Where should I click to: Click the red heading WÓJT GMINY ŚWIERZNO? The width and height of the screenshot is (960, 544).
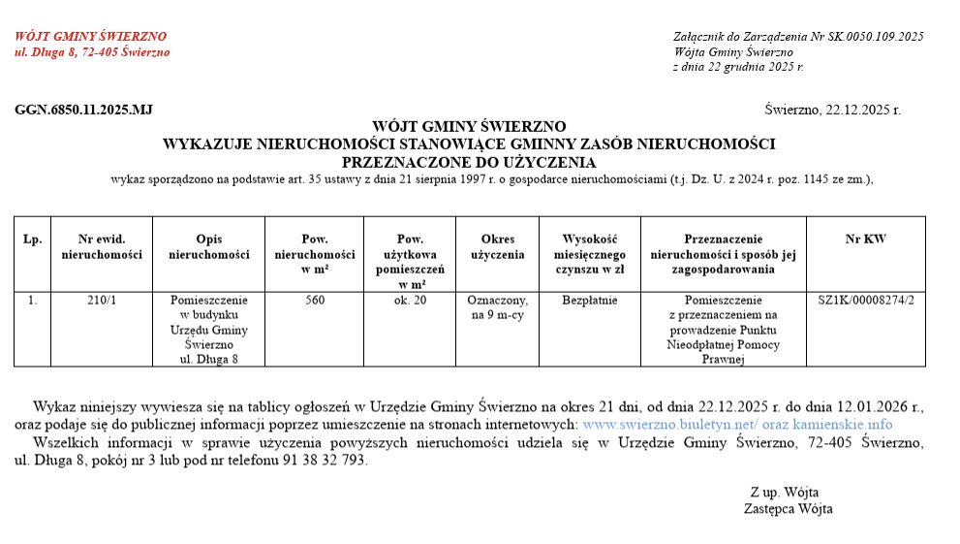point(90,37)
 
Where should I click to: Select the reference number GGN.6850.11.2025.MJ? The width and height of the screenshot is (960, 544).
point(84,110)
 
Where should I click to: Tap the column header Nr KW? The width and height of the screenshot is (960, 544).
point(865,239)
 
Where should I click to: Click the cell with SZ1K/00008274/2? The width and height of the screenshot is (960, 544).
point(865,300)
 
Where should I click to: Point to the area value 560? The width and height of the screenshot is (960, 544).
point(315,300)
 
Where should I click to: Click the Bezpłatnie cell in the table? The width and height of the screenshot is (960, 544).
point(589,300)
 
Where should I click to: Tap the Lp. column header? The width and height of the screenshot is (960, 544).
point(33,239)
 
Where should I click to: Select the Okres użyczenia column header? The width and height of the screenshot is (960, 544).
point(497,246)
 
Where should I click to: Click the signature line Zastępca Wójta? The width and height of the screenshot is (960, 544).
point(788,508)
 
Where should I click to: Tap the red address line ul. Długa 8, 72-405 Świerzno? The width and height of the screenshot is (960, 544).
point(92,52)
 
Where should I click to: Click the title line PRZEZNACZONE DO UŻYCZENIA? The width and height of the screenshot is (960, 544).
point(469,162)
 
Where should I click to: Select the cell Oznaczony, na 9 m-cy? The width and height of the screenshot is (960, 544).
point(497,307)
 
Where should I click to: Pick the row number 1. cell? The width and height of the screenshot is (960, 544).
point(33,300)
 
